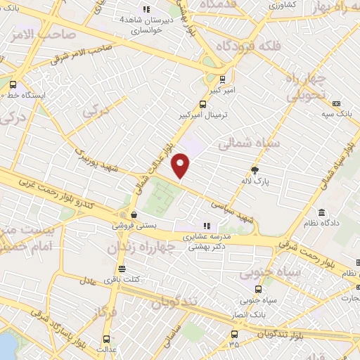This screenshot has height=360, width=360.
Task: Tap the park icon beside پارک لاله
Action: pyautogui.click(x=255, y=170)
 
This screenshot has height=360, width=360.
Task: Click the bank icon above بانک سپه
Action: pyautogui.click(x=336, y=103)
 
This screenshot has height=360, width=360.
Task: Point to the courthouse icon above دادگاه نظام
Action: pyautogui.click(x=321, y=213)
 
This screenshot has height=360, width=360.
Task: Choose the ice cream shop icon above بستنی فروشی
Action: pyautogui.click(x=133, y=216)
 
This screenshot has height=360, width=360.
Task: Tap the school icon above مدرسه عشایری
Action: pyautogui.click(x=208, y=226)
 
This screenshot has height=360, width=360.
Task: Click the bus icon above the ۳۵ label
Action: pyautogui.click(x=234, y=335)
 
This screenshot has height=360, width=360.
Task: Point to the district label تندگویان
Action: pyautogui.click(x=176, y=303)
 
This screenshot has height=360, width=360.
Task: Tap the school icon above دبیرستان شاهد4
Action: pyautogui.click(x=146, y=9)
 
